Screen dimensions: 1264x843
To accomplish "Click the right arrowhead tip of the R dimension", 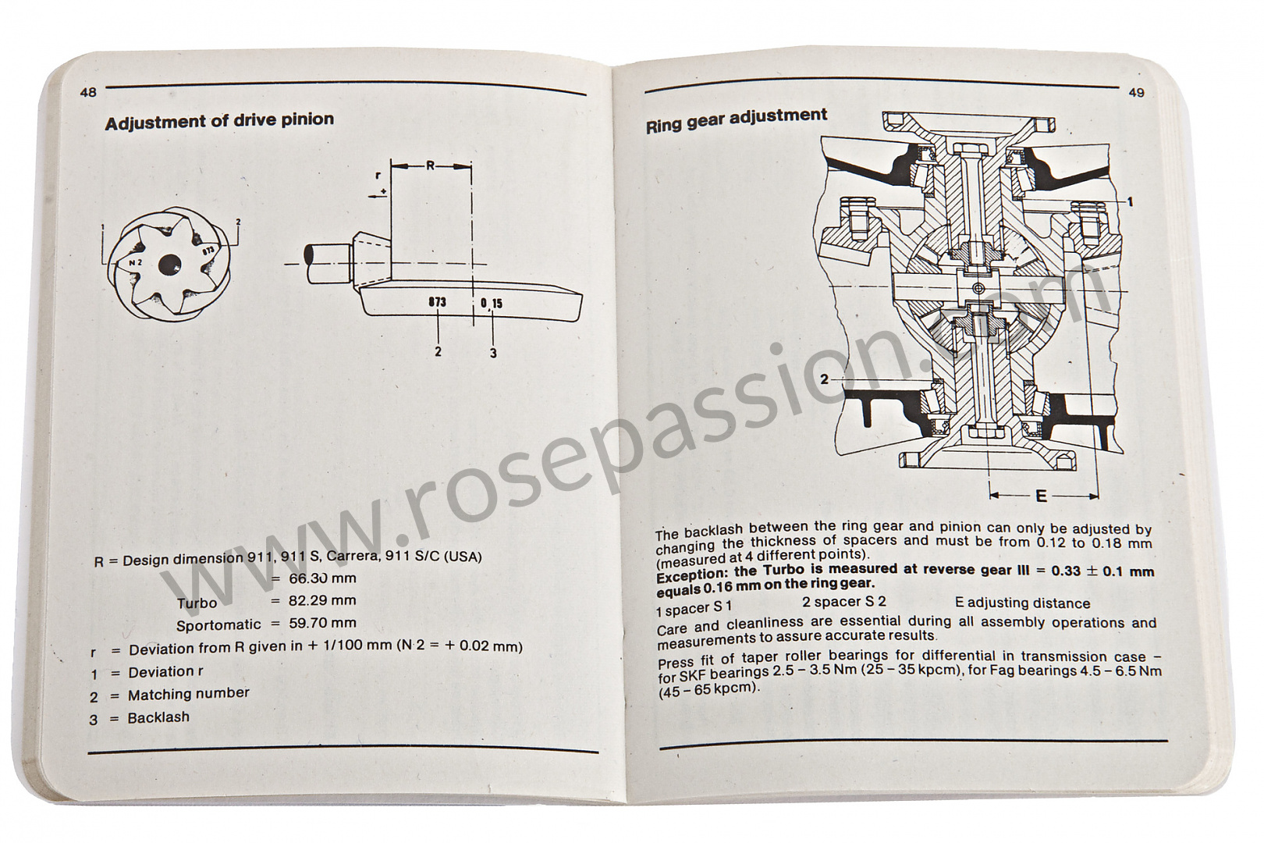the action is tap(471, 166).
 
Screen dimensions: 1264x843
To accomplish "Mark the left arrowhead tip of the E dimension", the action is tap(990, 496).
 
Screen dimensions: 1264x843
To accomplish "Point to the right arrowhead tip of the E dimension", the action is tap(1098, 497).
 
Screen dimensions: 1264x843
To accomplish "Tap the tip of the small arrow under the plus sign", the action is tap(368, 197).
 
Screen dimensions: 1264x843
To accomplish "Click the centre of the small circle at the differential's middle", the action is tap(978, 289).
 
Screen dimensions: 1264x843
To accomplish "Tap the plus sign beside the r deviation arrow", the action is tap(384, 191).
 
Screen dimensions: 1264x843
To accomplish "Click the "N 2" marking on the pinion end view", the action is tap(135, 262).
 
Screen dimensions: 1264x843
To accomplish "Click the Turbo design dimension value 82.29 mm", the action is tap(322, 600).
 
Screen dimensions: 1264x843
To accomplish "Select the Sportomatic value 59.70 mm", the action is tap(322, 623).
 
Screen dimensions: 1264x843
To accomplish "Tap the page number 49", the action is tap(1137, 93).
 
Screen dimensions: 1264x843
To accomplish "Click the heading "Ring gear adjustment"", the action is tap(737, 120).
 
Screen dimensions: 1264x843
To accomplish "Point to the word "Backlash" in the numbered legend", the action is tap(158, 717).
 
